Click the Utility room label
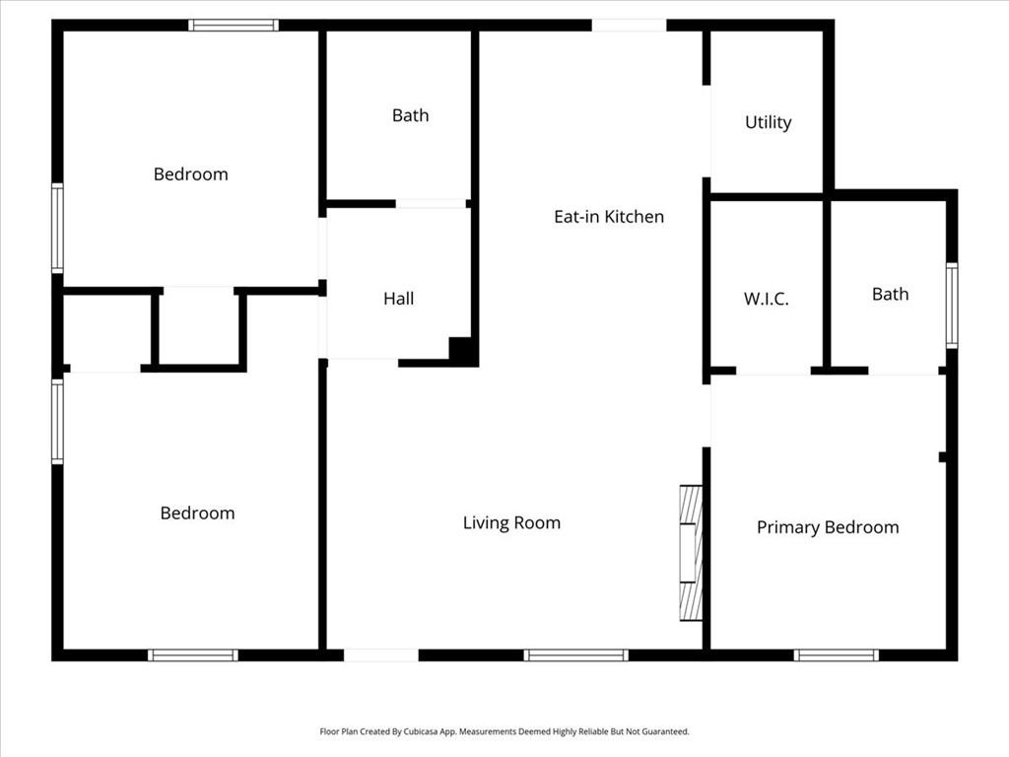(768, 122)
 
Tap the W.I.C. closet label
(766, 299)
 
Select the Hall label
(398, 299)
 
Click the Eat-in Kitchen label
(609, 216)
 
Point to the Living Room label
(511, 522)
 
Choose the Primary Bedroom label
(828, 527)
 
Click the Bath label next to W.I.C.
(890, 294)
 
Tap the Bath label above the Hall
(410, 115)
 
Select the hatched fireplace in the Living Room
(691, 553)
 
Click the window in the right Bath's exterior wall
(952, 306)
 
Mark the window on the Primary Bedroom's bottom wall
(836, 655)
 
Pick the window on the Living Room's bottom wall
(575, 655)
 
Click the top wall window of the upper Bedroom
(234, 25)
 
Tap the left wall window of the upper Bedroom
(57, 228)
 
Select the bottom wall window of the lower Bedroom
(193, 655)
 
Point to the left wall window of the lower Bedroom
(57, 422)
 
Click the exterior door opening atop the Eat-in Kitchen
(629, 25)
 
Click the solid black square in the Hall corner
(463, 351)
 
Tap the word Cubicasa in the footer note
(422, 731)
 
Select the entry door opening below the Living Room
(381, 655)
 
